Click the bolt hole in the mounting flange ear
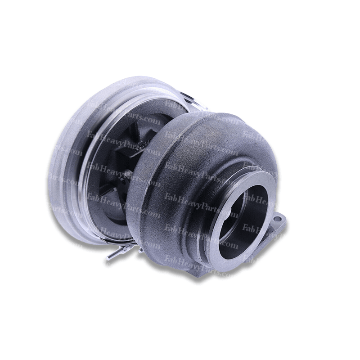tap(278, 220)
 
